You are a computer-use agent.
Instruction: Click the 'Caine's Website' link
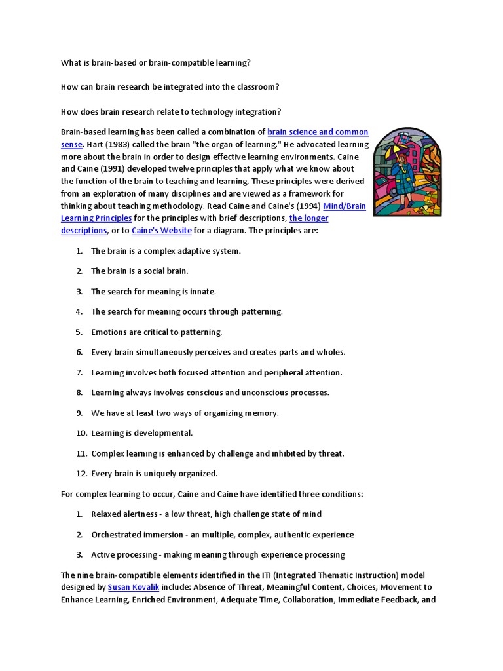pos(162,231)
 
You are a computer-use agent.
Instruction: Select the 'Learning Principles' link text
pos(96,218)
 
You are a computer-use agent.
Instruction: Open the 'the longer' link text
pos(309,218)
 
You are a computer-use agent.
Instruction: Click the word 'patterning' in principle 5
pos(202,332)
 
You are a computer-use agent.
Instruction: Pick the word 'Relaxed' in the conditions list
pos(106,514)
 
